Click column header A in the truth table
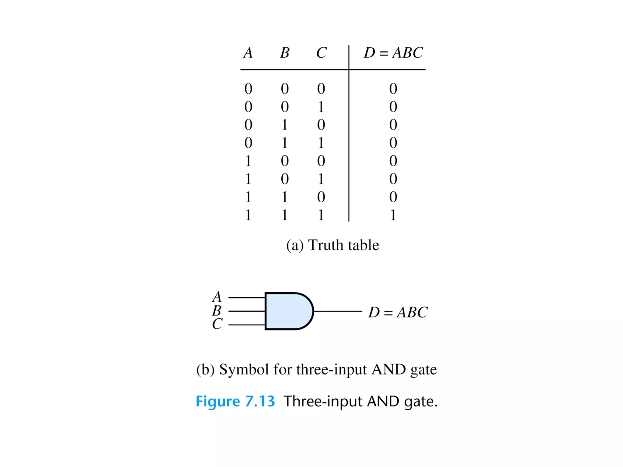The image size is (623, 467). [248, 53]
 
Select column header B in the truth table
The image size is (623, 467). [285, 53]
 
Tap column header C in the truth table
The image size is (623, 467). [321, 53]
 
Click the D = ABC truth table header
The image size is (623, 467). [393, 53]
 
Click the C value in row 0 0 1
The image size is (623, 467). [321, 107]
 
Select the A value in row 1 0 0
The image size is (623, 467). [248, 161]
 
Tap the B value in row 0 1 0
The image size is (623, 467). [285, 125]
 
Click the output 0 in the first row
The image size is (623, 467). [393, 89]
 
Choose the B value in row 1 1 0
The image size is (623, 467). [285, 197]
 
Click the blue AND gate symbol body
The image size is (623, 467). [287, 311]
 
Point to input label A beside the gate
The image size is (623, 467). [217, 297]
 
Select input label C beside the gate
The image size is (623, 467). [217, 324]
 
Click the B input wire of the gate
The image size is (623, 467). [246, 311]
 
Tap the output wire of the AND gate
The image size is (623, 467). [338, 311]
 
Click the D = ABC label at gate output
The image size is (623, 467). [398, 312]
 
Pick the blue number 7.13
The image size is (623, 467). [260, 401]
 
